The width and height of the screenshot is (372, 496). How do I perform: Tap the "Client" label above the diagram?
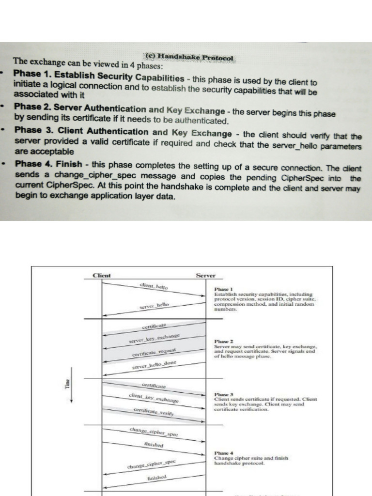click(102, 276)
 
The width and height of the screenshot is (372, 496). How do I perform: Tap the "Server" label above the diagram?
click(206, 276)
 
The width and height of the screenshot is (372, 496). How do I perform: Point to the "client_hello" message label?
click(154, 286)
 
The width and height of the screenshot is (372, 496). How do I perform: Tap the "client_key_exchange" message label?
click(154, 398)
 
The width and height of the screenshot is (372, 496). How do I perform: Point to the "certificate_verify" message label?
click(154, 412)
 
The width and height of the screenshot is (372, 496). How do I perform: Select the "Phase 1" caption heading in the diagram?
click(220, 289)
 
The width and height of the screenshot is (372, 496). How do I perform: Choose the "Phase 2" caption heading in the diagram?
click(220, 341)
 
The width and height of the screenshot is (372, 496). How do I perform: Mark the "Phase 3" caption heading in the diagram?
click(220, 394)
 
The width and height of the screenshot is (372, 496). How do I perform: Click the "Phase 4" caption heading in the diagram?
click(220, 453)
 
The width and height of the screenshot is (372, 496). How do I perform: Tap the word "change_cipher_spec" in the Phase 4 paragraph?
click(77, 176)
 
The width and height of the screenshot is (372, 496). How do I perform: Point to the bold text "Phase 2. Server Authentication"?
click(80, 109)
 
